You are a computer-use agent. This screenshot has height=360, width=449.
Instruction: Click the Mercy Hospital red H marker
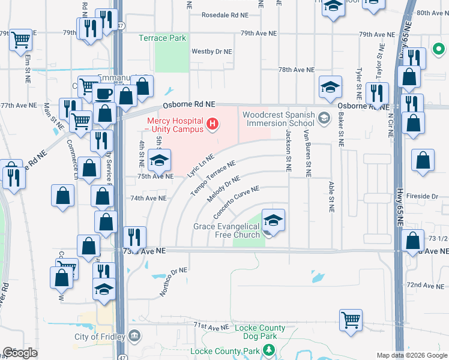click(211, 124)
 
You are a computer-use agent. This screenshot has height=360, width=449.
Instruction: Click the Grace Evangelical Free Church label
click(226, 230)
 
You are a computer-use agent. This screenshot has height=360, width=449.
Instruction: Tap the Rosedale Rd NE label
click(224, 14)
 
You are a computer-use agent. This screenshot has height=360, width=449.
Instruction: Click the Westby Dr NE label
click(211, 52)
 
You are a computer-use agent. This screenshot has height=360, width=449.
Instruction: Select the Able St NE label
click(331, 197)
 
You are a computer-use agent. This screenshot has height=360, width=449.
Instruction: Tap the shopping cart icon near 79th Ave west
click(21, 40)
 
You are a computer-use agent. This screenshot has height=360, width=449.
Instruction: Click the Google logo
click(20, 353)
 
